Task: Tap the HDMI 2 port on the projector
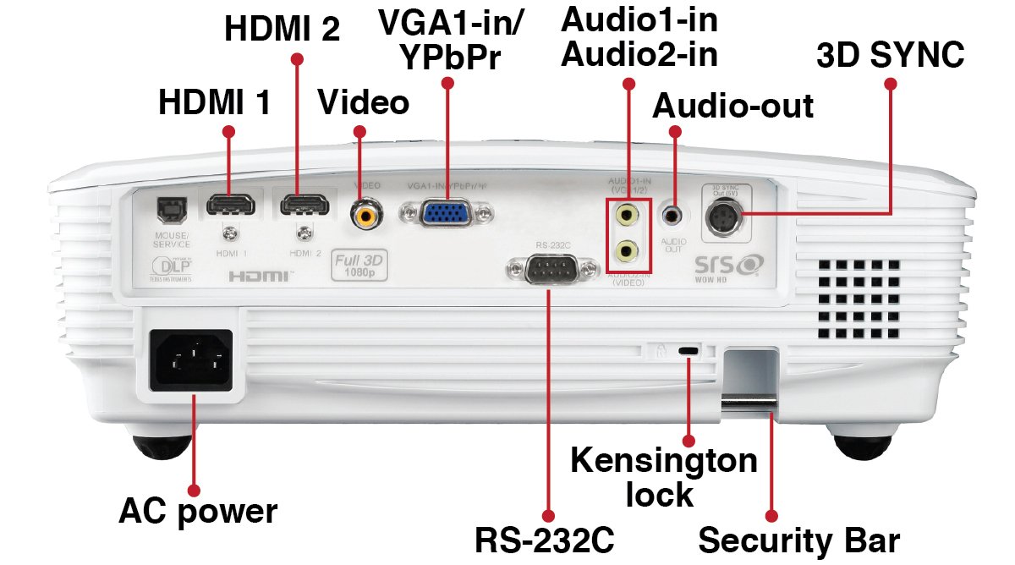tap(306, 206)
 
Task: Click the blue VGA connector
tap(446, 212)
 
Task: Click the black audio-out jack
tap(673, 215)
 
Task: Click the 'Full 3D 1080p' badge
tap(359, 265)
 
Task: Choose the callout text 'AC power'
tap(198, 512)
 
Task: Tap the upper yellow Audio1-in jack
tap(627, 215)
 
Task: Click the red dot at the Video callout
tap(359, 132)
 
